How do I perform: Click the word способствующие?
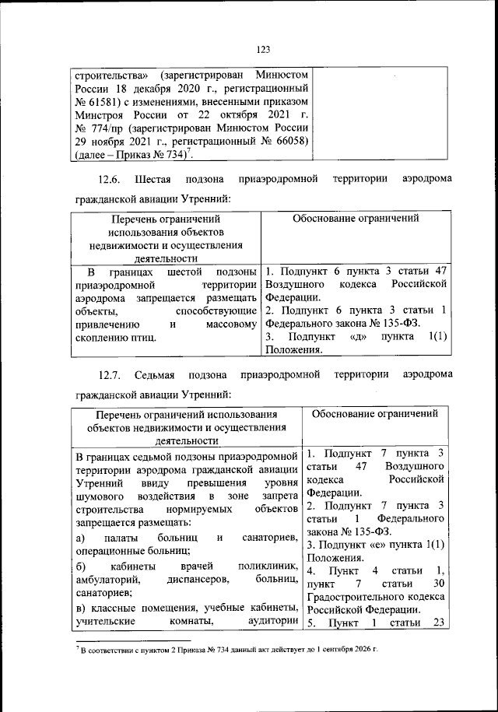coord(216,310)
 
